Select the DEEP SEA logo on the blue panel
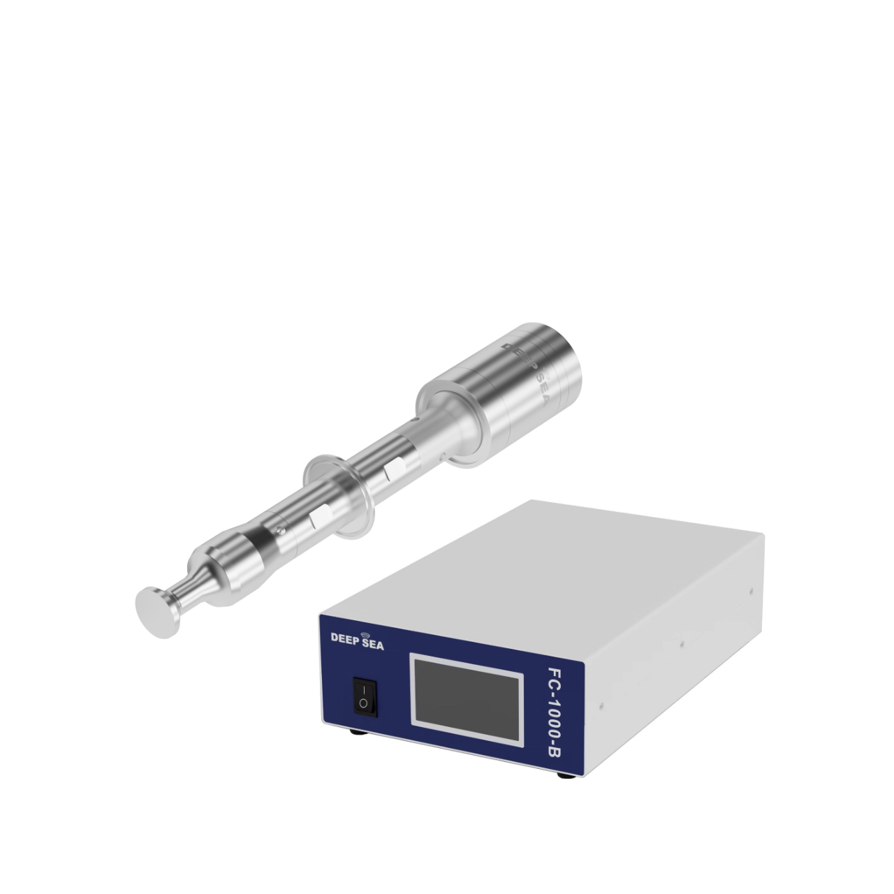[x=357, y=640]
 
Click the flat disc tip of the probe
[x=157, y=612]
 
